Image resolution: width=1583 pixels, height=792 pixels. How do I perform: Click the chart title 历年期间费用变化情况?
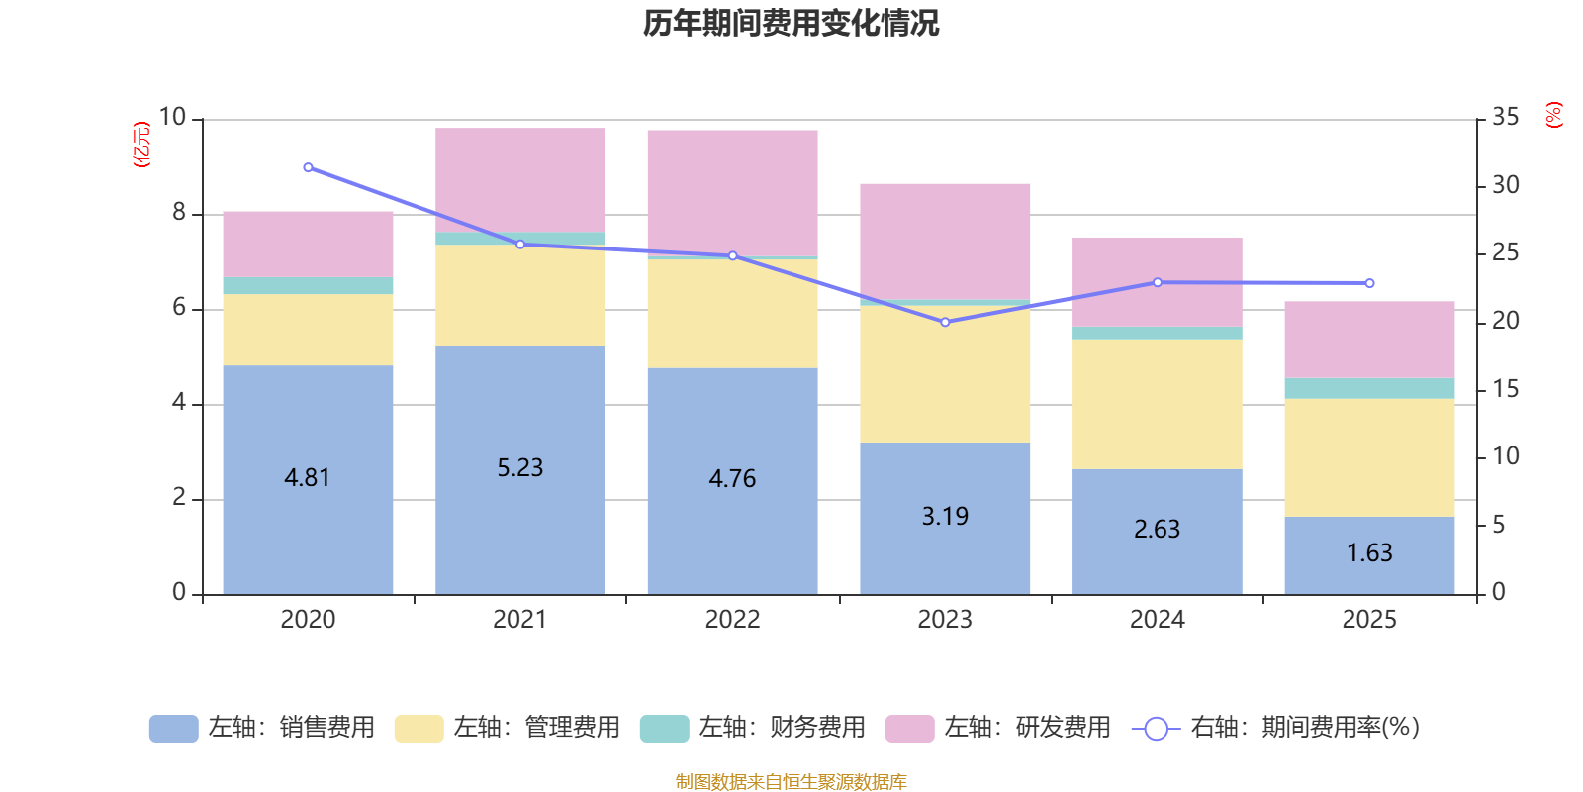791,23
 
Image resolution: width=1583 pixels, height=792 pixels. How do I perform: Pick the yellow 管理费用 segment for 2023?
945,374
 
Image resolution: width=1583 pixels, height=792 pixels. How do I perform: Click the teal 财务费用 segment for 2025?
1369,388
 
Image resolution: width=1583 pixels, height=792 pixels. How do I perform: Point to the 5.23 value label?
520,467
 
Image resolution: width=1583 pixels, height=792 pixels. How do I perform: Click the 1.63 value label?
1369,552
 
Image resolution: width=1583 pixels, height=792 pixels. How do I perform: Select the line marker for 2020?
308,167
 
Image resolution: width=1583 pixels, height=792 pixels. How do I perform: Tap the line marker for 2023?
945,322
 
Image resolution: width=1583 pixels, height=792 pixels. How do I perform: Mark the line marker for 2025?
1369,283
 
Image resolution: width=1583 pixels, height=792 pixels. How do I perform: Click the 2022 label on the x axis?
732,620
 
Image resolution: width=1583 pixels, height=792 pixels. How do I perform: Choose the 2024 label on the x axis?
1157,620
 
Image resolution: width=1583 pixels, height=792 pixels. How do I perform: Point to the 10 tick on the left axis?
173,118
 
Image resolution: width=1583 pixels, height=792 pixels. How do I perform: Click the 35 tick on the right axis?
1505,118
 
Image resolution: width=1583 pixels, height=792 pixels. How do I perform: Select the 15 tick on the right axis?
1505,389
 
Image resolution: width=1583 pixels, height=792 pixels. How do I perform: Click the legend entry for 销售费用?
263,728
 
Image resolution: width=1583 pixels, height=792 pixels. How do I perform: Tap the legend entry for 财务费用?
754,728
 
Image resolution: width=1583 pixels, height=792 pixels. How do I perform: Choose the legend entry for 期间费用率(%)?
1276,728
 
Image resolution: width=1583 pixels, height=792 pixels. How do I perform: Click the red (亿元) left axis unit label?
141,145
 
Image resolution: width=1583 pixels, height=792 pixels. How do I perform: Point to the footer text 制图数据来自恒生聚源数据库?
791,782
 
